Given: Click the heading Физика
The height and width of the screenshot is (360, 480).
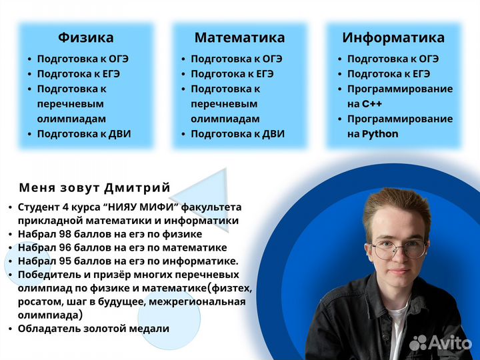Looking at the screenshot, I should tap(85, 37).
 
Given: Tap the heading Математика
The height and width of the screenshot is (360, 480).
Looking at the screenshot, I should tap(239, 37).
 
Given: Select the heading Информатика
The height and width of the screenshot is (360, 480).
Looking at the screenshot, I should tap(393, 37).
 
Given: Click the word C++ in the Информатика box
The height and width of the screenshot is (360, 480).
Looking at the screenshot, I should tap(372, 104).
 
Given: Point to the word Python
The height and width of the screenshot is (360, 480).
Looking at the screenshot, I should tap(380, 134).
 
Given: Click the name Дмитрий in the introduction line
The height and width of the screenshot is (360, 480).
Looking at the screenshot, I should tap(139, 187).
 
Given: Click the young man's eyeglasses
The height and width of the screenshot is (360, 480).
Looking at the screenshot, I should tap(398, 250).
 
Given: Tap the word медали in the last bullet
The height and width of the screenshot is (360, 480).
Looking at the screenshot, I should tap(149, 328).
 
